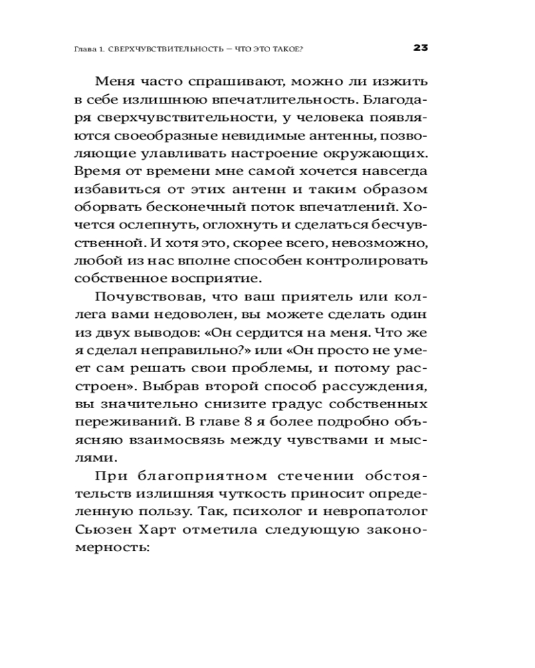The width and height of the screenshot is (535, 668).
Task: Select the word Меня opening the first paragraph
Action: pos(116,82)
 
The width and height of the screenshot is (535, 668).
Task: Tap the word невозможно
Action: pos(389,239)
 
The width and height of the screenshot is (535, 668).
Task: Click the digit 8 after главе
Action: pos(224,422)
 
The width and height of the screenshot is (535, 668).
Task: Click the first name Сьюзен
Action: pos(105,530)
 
